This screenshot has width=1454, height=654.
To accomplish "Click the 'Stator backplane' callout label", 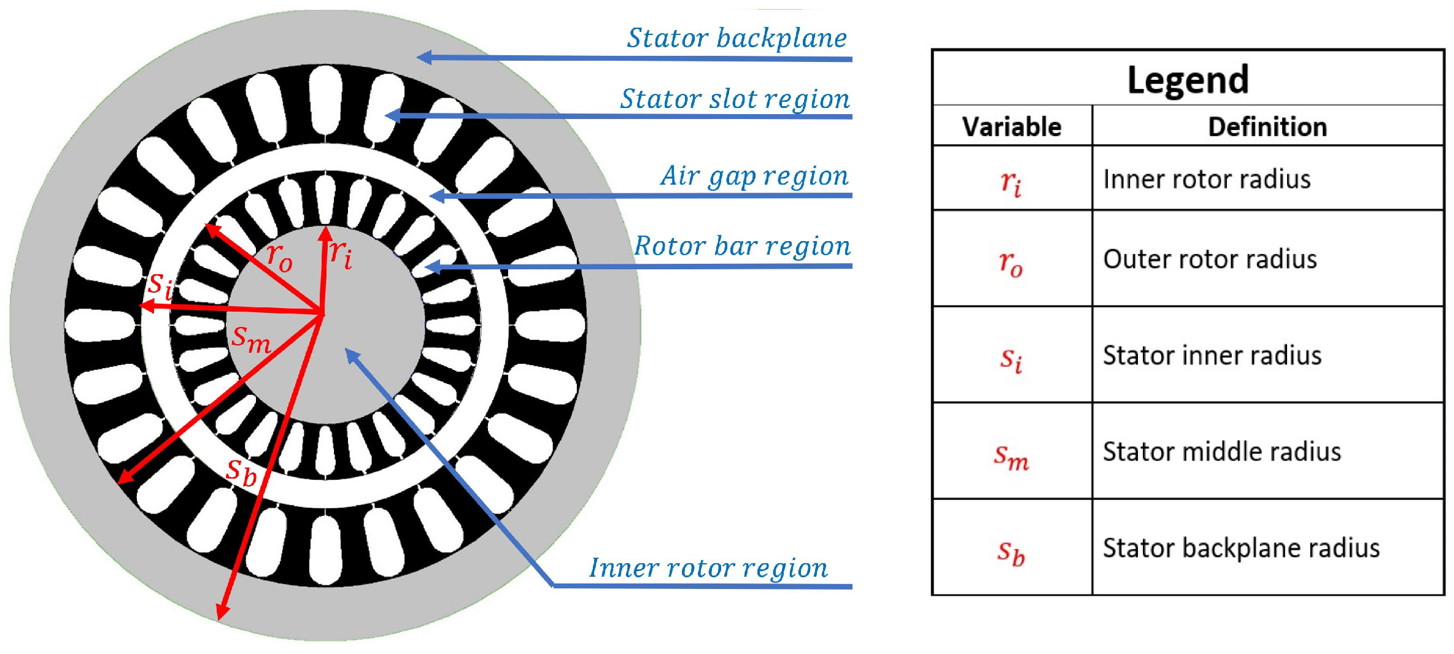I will point(737,38).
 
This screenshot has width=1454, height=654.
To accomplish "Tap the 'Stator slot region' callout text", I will point(735,99).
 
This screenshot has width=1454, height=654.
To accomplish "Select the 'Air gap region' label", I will point(754,176).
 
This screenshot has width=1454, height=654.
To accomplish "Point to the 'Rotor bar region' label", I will point(742,246).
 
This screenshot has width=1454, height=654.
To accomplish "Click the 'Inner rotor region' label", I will point(708,568).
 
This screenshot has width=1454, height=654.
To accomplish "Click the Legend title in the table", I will point(1188,80).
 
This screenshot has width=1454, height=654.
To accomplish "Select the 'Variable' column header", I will point(1011,127).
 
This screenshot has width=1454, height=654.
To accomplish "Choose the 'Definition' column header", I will point(1267,127).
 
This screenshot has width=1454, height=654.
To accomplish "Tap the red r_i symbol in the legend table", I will point(1011,182).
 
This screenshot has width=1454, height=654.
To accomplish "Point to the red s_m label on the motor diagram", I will point(250,339).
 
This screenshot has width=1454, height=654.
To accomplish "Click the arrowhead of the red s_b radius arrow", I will point(222,614).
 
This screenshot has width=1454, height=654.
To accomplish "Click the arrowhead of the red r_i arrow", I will point(326,233).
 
